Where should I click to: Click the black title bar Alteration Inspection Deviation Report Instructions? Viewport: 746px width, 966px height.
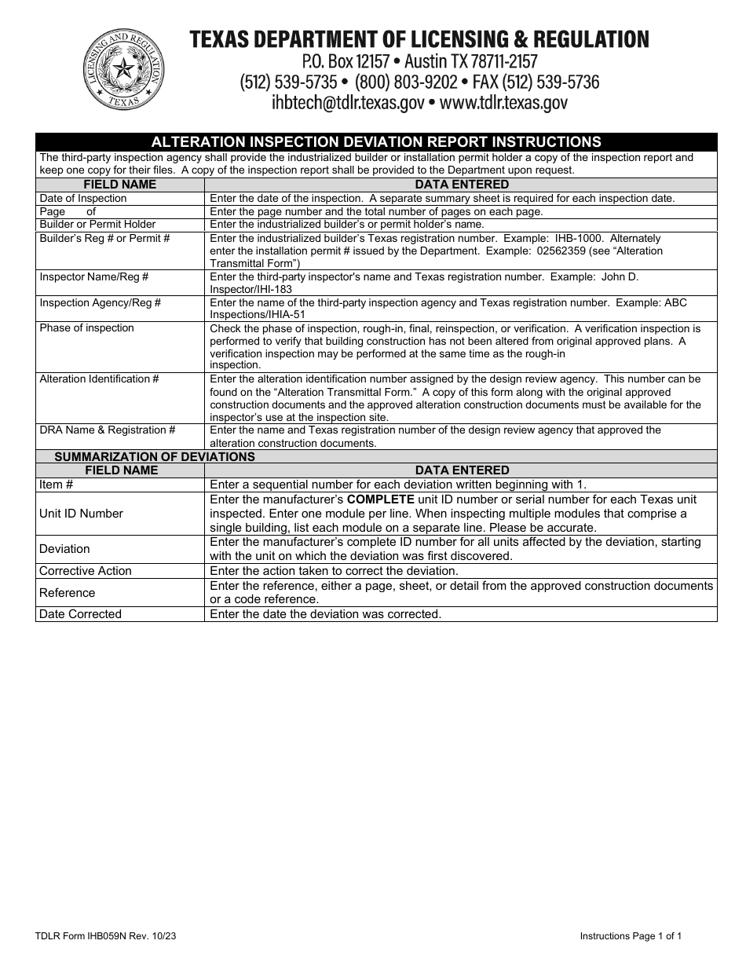[x=376, y=141]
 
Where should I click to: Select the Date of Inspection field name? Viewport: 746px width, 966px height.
[x=83, y=199]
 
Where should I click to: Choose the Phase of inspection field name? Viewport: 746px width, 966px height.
[x=86, y=328]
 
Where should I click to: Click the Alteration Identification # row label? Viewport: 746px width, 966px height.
[x=99, y=379]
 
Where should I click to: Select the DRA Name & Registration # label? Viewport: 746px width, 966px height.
[x=108, y=430]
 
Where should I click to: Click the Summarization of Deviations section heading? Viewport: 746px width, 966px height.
[x=154, y=456]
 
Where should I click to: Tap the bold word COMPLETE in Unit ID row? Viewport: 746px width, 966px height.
[x=381, y=499]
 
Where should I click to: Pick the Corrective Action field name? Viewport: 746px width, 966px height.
[x=86, y=571]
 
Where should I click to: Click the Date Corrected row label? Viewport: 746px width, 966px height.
[x=80, y=614]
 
